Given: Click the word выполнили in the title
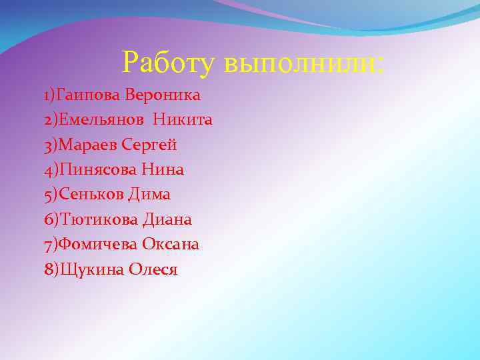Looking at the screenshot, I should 304,64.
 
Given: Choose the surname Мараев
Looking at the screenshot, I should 87,145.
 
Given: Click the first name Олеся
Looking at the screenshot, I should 153,269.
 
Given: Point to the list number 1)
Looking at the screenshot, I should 50,95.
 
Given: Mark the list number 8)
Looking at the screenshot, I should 51,269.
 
